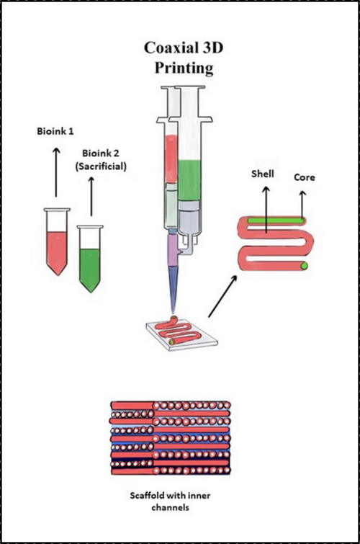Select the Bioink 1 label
(x=55, y=132)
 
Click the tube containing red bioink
(x=56, y=241)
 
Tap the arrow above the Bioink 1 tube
(x=55, y=169)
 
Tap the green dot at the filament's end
(x=304, y=266)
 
